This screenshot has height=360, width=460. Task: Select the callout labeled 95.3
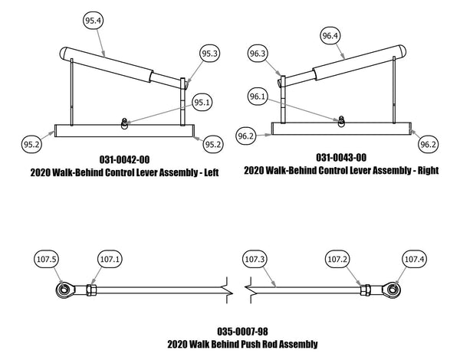(209, 54)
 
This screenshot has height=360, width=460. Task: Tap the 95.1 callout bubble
(202, 102)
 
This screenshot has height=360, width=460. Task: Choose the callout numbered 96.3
(258, 54)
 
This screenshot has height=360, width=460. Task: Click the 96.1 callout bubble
(258, 97)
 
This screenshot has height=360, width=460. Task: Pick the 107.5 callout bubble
(48, 260)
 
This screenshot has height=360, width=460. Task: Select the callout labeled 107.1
(110, 260)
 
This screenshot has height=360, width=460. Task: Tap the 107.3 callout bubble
(255, 260)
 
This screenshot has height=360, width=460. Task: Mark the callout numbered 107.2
(338, 260)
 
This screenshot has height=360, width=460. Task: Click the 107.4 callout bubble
(414, 260)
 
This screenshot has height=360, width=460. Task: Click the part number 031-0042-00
(125, 159)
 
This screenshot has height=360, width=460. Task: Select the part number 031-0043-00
(341, 156)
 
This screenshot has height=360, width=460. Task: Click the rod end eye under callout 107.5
(63, 290)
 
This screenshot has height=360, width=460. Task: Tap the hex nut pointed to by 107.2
(366, 290)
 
